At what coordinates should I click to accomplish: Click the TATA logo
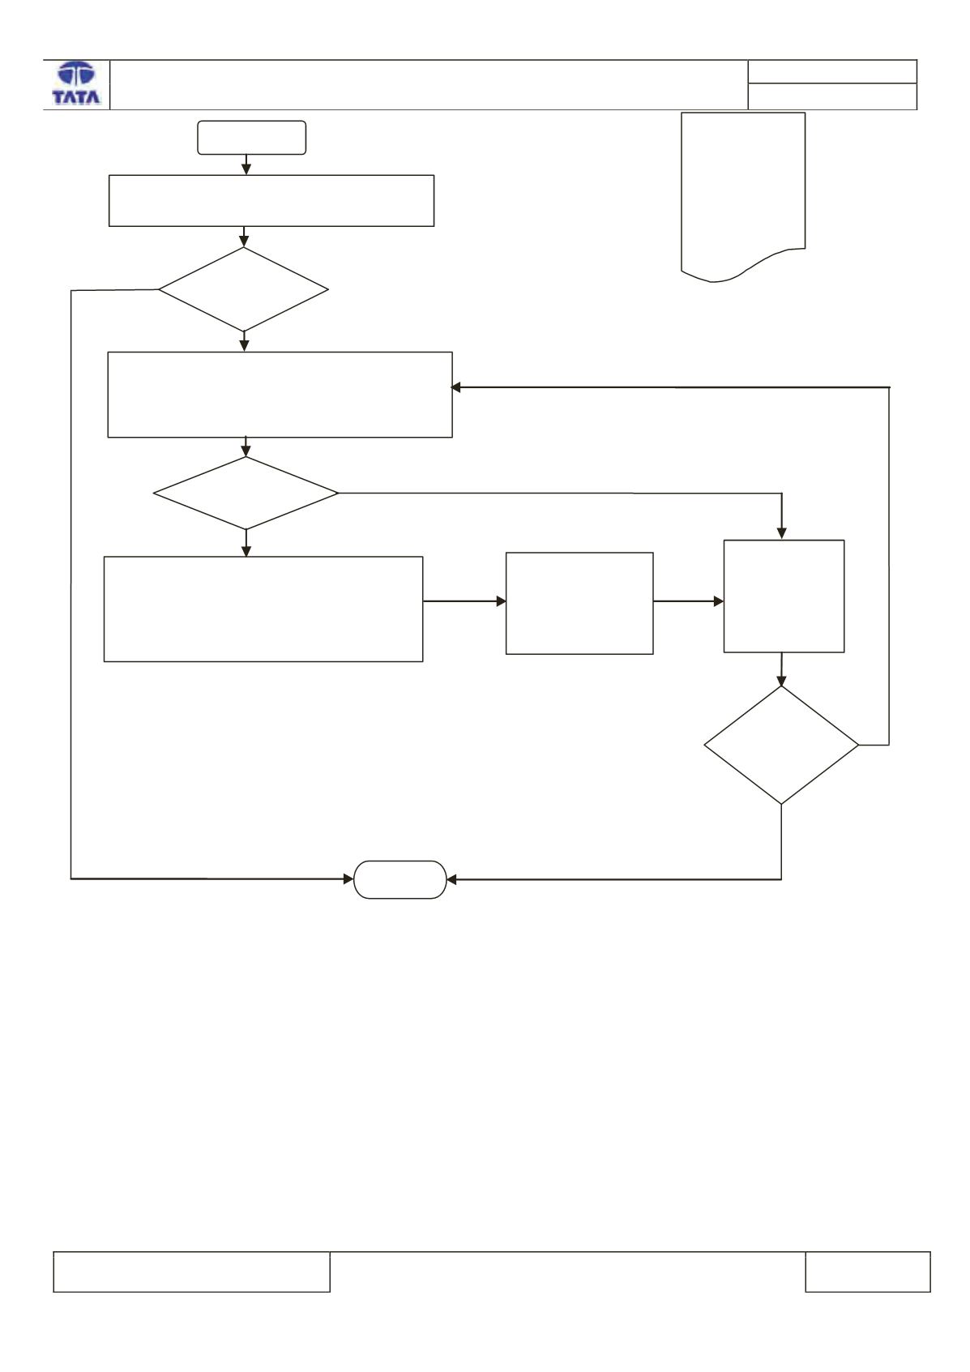tap(76, 83)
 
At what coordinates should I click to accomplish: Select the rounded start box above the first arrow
tap(252, 137)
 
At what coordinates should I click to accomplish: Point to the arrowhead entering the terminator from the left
tap(348, 879)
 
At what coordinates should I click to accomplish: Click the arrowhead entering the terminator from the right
tap(452, 879)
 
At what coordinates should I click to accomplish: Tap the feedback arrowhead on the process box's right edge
tap(455, 387)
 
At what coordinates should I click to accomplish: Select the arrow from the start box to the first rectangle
tap(246, 165)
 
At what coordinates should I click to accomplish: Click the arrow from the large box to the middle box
tap(464, 601)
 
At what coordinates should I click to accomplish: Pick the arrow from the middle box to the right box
tap(688, 601)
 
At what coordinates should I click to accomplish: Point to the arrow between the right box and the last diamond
tap(781, 669)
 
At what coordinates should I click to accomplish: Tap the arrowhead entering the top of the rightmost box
tap(781, 533)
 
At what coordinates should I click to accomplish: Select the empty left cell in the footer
tap(192, 1272)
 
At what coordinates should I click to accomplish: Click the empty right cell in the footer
tap(868, 1272)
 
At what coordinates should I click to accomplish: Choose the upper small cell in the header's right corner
tap(832, 71)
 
